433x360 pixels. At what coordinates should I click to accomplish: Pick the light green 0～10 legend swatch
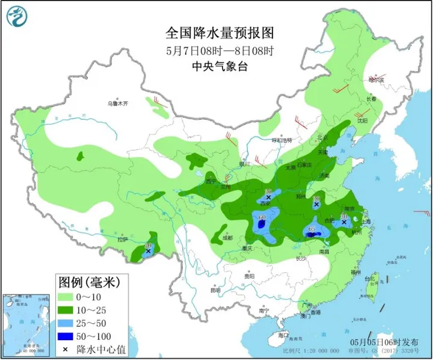click(x=72, y=297)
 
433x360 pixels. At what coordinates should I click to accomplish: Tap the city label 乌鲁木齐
click(x=118, y=103)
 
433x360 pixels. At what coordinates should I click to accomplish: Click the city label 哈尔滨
click(x=376, y=79)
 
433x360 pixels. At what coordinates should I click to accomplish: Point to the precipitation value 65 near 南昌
click(x=312, y=229)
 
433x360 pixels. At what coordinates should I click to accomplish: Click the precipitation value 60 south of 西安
click(x=262, y=217)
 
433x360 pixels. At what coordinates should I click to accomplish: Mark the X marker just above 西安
click(x=269, y=197)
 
